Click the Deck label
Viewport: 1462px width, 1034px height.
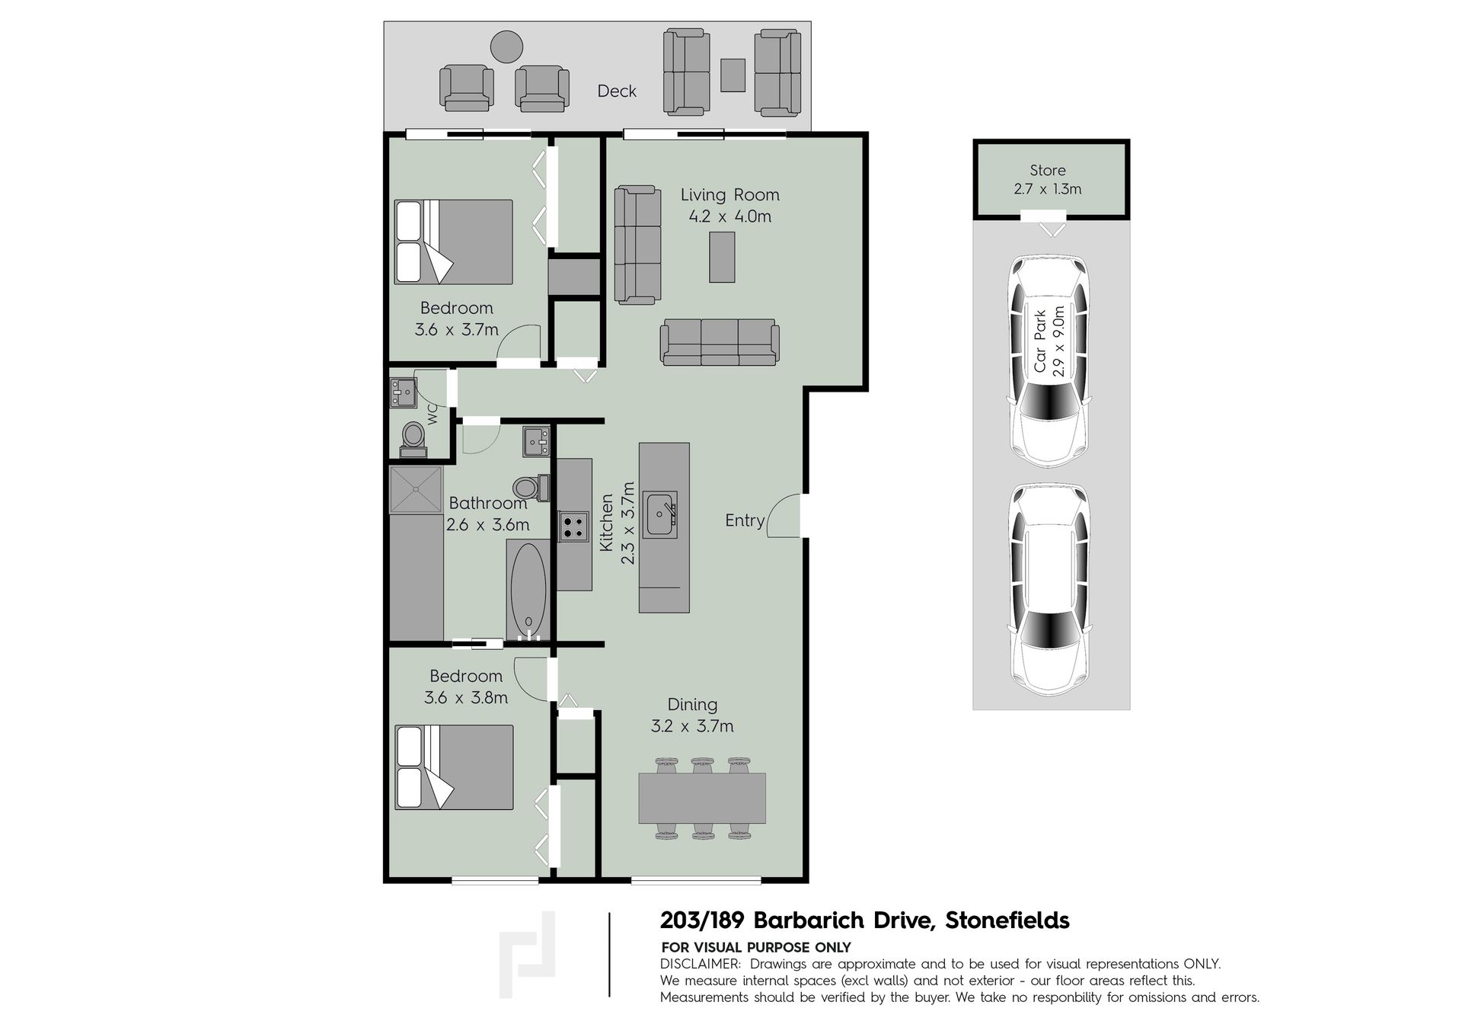click(617, 91)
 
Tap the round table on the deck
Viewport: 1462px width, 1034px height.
click(506, 46)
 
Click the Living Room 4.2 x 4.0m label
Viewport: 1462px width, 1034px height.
click(729, 206)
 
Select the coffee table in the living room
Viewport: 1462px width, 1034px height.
click(722, 258)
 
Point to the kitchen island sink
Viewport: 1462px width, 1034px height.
click(659, 516)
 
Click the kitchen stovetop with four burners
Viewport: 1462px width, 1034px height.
click(574, 527)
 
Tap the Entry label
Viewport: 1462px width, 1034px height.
click(745, 520)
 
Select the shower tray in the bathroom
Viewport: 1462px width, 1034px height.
click(416, 489)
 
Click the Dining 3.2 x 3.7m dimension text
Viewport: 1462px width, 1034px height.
click(692, 726)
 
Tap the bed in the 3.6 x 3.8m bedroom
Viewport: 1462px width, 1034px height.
click(454, 767)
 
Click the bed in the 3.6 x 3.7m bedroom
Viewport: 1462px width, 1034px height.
click(454, 242)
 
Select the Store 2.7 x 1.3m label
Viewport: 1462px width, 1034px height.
click(1048, 180)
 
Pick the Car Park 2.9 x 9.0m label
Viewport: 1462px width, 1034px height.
click(1049, 342)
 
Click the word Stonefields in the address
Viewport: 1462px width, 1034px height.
click(1007, 920)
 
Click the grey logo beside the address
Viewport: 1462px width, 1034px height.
click(527, 954)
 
